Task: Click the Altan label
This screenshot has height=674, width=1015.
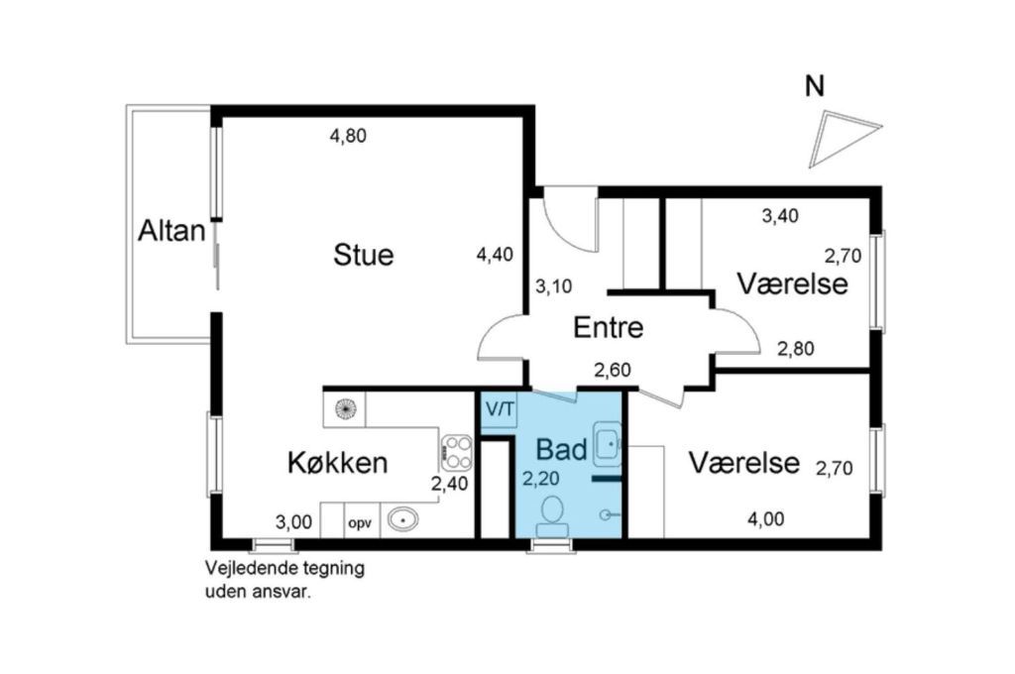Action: coord(171,231)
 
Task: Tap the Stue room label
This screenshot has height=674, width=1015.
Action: coord(363,255)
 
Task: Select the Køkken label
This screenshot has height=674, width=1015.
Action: coord(337,463)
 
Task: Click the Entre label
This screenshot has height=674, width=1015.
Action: coord(608,327)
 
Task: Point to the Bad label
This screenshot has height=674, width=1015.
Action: coord(561,449)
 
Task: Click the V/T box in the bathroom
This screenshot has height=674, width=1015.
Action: coord(500,409)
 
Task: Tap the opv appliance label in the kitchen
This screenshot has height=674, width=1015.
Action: coord(360,523)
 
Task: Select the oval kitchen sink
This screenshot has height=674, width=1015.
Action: coord(402,519)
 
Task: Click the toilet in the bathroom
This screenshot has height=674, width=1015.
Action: coord(552,516)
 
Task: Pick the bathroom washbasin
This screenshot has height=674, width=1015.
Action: coord(607,444)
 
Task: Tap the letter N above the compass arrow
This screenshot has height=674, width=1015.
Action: coord(815,86)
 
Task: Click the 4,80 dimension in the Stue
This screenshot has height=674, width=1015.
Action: coord(348,136)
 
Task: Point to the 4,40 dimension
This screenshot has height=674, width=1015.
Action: coord(495,255)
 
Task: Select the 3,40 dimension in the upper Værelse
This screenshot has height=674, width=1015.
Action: coord(780,216)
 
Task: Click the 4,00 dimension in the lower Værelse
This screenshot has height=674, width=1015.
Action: coord(766,519)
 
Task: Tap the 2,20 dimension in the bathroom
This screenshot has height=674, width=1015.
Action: coord(540,479)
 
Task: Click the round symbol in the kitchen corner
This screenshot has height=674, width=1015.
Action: coord(345,408)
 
